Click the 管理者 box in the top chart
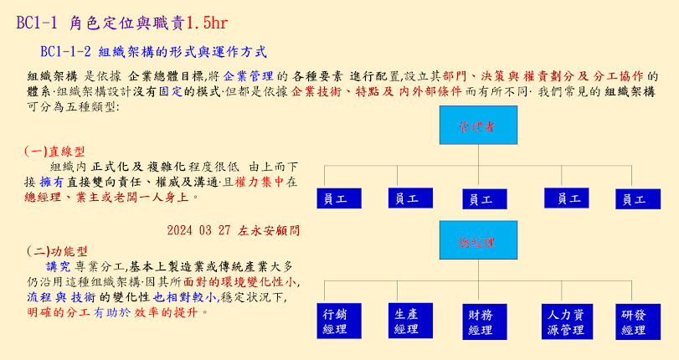tap(477, 126)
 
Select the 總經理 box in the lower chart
tap(476, 241)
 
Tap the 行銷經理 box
tap(335, 321)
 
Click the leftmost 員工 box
tap(338, 198)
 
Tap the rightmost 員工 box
tap(638, 199)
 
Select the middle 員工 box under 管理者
tap(484, 199)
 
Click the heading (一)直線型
tap(55, 152)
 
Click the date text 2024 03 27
tap(198, 229)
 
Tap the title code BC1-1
tap(38, 23)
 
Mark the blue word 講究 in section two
tap(59, 266)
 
